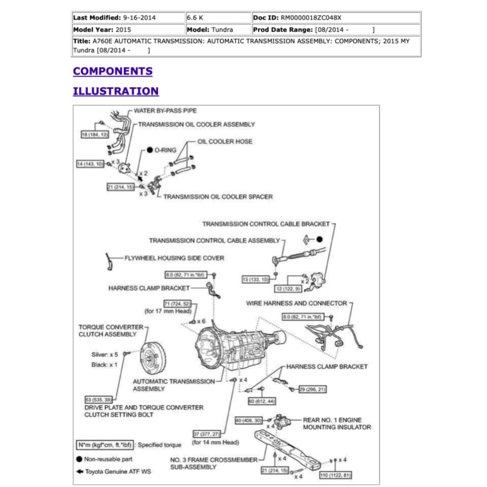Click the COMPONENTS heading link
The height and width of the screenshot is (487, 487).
113,71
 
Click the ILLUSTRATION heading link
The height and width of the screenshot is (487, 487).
115,91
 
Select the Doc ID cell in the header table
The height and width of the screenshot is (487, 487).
336,18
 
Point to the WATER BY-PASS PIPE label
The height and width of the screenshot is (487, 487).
165,111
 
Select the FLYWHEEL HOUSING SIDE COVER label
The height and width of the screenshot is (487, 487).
174,258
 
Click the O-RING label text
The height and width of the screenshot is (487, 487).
165,150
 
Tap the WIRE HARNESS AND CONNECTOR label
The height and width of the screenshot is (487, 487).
296,304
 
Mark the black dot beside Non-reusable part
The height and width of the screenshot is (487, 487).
78,459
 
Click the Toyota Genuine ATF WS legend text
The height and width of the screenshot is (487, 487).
118,472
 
